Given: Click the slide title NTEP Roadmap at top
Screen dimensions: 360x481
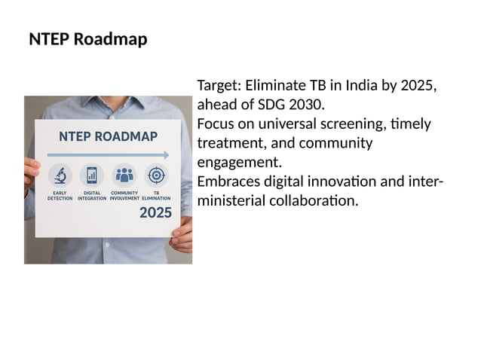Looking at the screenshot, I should [87, 39].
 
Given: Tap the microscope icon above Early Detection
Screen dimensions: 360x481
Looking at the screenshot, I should [60, 175].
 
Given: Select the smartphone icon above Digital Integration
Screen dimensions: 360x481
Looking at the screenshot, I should [92, 175].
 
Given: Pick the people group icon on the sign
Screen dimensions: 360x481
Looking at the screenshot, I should [124, 175].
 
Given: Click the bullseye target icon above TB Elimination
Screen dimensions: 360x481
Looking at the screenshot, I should [156, 175].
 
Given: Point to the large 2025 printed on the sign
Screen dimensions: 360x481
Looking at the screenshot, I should [155, 213].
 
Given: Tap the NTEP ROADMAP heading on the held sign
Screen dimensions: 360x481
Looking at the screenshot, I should [108, 136].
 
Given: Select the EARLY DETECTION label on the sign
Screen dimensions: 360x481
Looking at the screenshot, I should [60, 196].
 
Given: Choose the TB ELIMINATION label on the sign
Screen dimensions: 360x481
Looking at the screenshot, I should [156, 196].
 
